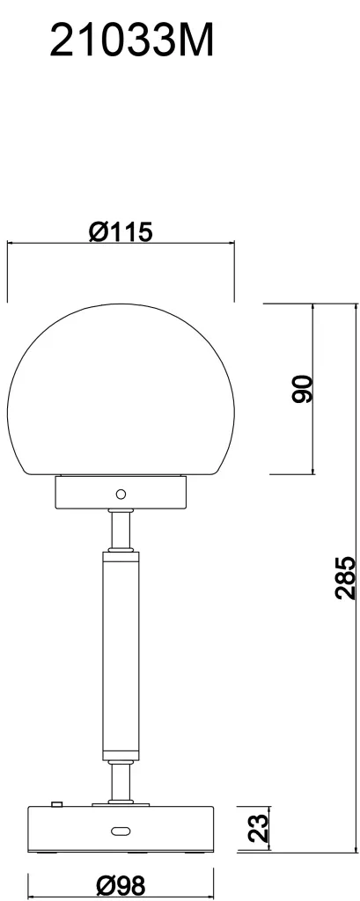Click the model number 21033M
click(x=132, y=40)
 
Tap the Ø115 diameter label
click(x=121, y=231)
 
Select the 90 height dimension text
click(x=302, y=388)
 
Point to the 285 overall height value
click(x=345, y=577)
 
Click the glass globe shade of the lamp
click(x=121, y=389)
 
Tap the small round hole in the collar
click(x=121, y=494)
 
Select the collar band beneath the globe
click(x=121, y=493)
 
